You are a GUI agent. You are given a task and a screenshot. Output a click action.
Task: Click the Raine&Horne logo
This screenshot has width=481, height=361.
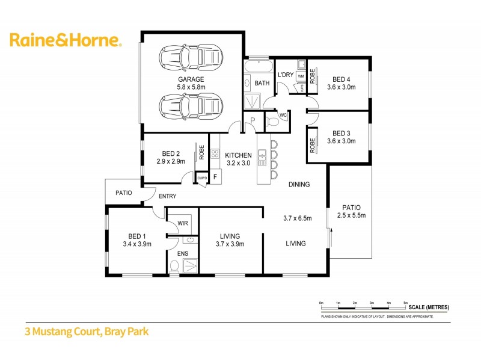66,40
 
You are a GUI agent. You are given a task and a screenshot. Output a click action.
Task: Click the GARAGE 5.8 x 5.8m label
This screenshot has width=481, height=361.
191,83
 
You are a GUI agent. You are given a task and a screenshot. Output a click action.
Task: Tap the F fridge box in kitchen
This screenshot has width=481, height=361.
215,177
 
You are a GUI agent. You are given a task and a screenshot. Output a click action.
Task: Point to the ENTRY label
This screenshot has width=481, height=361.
168,196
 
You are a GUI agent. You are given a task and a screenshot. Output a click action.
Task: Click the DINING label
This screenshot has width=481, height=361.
299,185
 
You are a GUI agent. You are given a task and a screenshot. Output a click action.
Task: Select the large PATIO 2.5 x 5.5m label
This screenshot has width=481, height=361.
351,211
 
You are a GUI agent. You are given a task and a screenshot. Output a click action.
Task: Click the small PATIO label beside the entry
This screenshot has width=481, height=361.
124,193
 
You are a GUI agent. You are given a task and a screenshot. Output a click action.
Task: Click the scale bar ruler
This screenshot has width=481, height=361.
364,309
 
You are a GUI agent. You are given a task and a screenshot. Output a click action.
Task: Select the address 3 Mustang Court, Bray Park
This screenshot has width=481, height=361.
86,331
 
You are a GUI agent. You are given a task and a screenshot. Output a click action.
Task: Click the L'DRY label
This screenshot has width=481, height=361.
285,75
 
